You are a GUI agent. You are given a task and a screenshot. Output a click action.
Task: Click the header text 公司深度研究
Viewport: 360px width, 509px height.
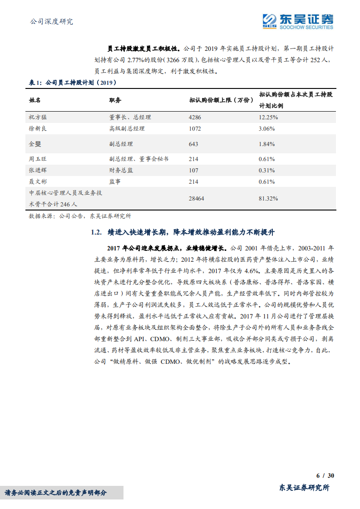(x=51, y=21)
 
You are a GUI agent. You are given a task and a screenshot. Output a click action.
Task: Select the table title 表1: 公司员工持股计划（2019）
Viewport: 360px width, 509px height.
(x=72, y=83)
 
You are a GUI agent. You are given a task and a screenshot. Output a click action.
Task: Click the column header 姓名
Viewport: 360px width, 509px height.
(x=35, y=100)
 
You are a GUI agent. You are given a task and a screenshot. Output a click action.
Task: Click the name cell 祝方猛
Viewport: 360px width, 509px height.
(x=37, y=117)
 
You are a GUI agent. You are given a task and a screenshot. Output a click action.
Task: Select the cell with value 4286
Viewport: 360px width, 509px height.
(x=195, y=117)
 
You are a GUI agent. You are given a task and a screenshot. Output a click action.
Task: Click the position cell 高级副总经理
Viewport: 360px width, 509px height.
(x=127, y=128)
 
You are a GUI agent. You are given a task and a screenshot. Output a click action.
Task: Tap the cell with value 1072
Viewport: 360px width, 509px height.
(x=195, y=128)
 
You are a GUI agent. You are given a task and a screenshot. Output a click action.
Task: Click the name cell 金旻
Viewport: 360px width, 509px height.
(x=35, y=144)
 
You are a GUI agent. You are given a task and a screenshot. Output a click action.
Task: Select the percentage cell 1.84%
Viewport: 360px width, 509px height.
(x=266, y=144)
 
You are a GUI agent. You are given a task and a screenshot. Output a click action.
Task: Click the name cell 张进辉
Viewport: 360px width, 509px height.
(x=37, y=171)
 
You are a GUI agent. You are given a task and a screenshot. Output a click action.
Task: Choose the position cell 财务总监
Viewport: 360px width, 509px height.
(x=121, y=171)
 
